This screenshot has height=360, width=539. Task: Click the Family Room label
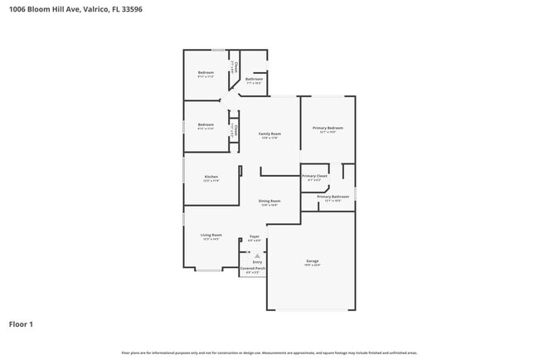click(269, 134)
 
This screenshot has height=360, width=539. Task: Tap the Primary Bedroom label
click(328, 128)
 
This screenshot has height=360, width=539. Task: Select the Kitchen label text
click(211, 177)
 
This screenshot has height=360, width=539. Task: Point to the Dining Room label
click(269, 201)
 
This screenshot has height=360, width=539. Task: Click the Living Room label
click(211, 235)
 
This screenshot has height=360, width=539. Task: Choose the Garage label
click(312, 261)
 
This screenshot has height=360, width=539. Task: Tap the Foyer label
click(255, 236)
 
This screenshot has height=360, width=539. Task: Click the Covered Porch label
click(253, 269)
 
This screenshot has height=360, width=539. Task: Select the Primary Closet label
click(314, 176)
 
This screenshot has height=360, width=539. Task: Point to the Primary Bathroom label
click(333, 197)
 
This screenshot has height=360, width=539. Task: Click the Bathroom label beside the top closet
click(254, 80)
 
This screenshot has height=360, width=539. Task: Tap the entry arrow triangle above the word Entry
click(257, 255)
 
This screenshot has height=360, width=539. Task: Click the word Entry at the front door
click(257, 262)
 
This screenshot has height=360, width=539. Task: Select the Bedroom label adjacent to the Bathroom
click(206, 73)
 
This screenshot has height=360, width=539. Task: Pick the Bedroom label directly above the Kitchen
click(206, 125)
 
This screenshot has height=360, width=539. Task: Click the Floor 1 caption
click(21, 324)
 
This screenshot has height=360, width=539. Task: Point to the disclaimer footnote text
click(269, 353)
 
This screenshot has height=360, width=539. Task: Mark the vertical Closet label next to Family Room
click(236, 130)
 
